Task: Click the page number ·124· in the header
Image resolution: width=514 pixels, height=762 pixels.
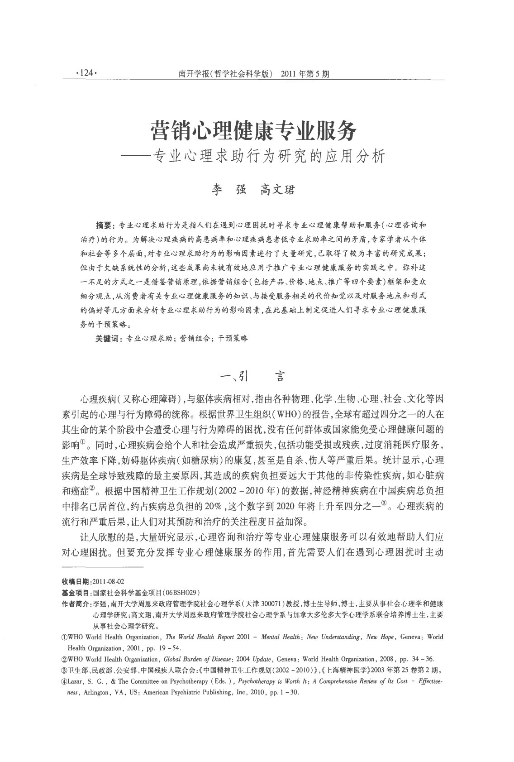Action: click(85, 73)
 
